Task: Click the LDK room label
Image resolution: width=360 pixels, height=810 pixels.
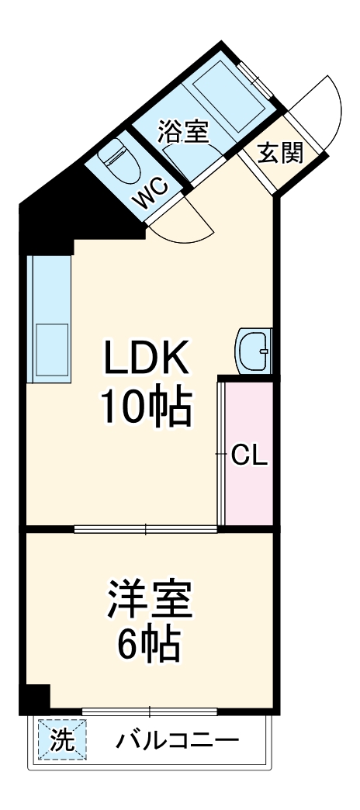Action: click(145, 359)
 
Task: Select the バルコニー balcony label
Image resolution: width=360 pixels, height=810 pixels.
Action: click(177, 741)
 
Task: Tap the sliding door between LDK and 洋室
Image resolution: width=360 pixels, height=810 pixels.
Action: click(146, 530)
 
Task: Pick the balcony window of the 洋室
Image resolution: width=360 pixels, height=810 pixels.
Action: click(150, 710)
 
